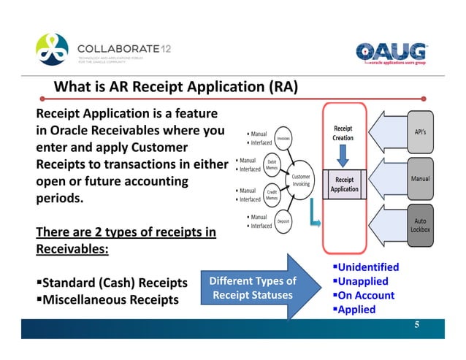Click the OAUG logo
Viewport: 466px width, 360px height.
click(391, 53)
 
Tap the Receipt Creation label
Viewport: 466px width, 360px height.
click(343, 132)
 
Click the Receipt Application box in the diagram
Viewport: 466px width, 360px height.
click(344, 184)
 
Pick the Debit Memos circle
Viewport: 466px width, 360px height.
click(271, 166)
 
